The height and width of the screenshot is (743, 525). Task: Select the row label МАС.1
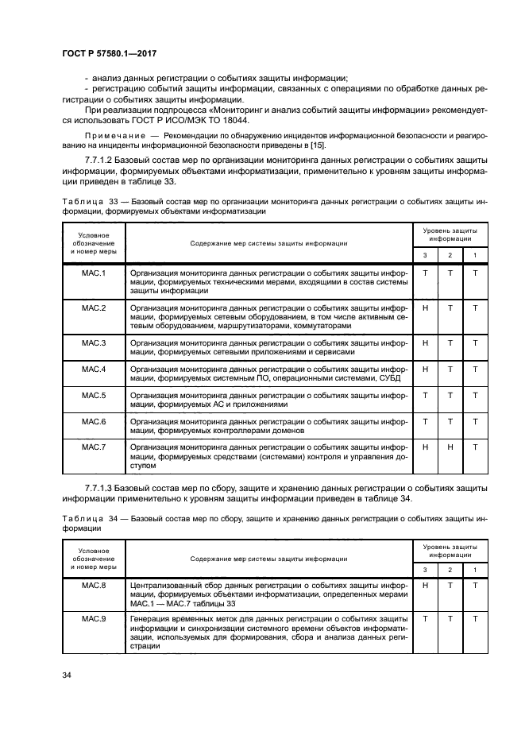pos(94,273)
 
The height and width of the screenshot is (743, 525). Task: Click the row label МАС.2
pos(94,308)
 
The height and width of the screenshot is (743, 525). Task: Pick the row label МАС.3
pos(94,342)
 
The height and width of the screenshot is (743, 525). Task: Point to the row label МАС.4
pos(94,369)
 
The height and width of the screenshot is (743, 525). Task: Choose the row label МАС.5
pos(94,395)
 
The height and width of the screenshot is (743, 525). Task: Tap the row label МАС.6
pos(94,421)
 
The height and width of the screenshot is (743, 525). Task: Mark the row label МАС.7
pos(94,447)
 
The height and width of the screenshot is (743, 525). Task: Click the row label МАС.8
pos(94,585)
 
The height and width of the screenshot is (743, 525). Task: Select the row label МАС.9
pos(94,619)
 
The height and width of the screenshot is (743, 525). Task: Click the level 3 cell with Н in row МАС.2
pos(426,308)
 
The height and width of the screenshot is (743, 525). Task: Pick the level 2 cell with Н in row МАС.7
pos(450,447)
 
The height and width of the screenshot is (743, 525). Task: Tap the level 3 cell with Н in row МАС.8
pos(426,585)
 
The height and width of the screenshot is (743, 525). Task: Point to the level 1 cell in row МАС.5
pos(475,395)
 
